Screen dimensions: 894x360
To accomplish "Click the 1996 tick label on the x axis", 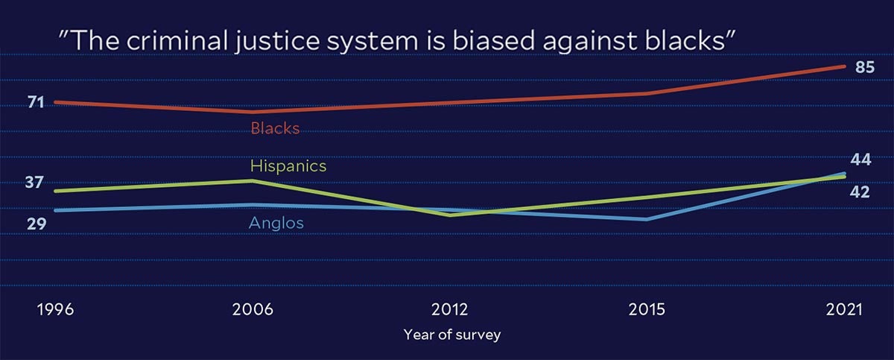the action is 55,309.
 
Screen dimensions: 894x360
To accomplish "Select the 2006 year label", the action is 253,309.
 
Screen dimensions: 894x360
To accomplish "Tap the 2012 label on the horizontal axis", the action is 449,309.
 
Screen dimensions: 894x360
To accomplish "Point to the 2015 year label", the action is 647,309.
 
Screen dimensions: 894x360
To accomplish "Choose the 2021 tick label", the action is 844,309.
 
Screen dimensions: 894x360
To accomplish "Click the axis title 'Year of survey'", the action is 451,335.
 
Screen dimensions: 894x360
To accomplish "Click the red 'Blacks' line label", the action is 275,128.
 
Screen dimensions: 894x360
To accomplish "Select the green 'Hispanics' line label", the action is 288,166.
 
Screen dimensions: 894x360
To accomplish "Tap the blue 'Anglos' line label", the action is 276,223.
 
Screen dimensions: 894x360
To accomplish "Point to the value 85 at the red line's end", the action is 865,67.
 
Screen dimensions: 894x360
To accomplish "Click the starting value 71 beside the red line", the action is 36,103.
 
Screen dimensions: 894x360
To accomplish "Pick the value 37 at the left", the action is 34,183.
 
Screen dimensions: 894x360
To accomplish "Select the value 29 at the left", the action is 37,224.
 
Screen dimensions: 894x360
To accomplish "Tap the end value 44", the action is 860,160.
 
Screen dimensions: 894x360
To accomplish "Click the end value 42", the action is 860,192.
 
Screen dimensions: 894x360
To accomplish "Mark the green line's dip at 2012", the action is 450,215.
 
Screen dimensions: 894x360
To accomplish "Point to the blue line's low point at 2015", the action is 647,220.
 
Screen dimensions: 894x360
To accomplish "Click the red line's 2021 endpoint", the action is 844,66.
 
